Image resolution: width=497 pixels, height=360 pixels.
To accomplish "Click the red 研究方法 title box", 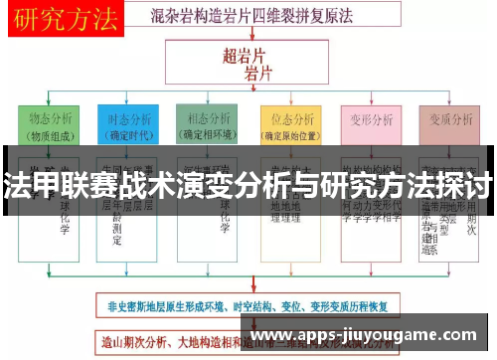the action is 62,17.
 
